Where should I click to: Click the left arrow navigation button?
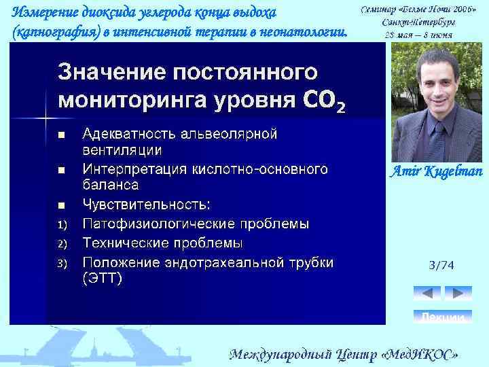click(x=427, y=293)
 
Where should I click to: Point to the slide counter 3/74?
click(x=441, y=265)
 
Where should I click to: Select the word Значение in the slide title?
click(x=111, y=71)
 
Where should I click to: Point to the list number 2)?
click(x=62, y=243)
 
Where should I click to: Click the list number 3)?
click(x=62, y=263)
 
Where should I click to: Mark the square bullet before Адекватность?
click(x=61, y=135)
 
